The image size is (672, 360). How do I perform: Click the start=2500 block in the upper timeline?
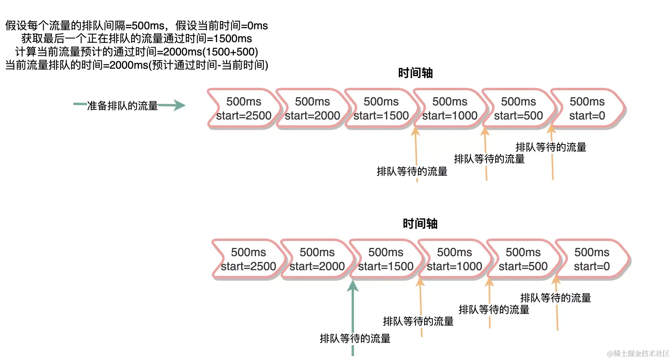(244, 109)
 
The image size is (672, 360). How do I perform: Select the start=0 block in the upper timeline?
(587, 109)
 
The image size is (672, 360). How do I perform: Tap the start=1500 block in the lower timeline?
(386, 260)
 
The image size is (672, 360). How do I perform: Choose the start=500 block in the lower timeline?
(523, 260)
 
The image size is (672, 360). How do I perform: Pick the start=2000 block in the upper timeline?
(312, 109)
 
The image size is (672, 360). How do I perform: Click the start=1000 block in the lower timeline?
(454, 260)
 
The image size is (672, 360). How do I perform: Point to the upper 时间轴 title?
(415, 73)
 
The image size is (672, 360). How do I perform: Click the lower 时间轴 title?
(420, 224)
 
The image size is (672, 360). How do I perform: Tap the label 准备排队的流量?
(122, 106)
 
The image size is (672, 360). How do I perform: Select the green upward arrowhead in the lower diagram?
(353, 287)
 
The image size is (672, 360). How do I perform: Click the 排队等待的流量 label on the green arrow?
(355, 339)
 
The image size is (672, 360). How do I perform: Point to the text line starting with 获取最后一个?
(137, 39)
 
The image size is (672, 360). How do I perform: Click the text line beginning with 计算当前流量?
(137, 52)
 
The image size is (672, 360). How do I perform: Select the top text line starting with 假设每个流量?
(137, 26)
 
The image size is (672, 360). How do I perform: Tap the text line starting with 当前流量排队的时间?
(137, 65)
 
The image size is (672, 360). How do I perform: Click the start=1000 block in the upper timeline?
(450, 109)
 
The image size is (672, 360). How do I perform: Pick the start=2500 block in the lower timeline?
(248, 260)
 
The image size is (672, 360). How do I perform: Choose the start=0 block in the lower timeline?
(592, 260)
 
